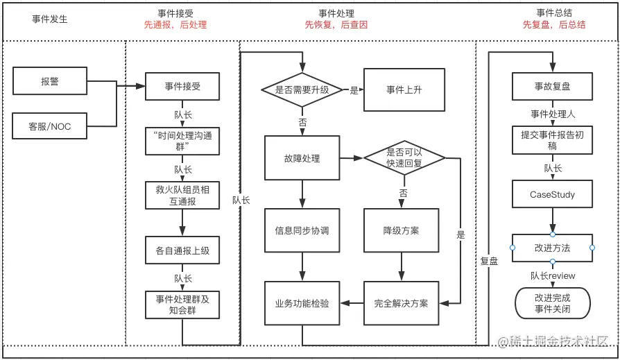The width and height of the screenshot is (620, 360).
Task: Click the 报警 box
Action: click(x=50, y=81)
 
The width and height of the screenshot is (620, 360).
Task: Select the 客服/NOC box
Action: click(x=50, y=126)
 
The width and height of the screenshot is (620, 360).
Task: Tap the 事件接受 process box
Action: click(x=182, y=86)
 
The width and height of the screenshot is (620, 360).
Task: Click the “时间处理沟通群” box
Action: click(x=182, y=141)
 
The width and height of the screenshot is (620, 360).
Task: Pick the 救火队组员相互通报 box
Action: click(x=182, y=194)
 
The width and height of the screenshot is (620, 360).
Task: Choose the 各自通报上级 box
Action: click(x=182, y=250)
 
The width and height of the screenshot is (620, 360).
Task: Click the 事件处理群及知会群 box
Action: click(x=182, y=305)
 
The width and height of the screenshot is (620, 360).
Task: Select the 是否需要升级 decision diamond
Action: click(x=302, y=89)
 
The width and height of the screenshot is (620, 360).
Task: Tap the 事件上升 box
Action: click(x=404, y=89)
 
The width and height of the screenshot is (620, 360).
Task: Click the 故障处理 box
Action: click(x=302, y=158)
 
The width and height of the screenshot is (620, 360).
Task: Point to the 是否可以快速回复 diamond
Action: click(x=404, y=158)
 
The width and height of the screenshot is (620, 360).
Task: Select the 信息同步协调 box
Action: click(x=302, y=230)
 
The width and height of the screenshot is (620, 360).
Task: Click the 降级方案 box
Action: click(x=401, y=230)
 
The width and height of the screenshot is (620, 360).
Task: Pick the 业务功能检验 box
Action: click(x=302, y=303)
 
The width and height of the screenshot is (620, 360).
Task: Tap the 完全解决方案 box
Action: click(x=401, y=303)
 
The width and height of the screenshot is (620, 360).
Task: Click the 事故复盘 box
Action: click(x=553, y=87)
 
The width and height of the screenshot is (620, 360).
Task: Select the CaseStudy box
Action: click(x=553, y=194)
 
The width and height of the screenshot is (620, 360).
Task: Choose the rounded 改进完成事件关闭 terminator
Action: click(x=553, y=303)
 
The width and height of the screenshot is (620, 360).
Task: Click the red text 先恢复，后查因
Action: click(x=336, y=24)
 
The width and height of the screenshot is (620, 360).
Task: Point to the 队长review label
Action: click(x=553, y=275)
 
